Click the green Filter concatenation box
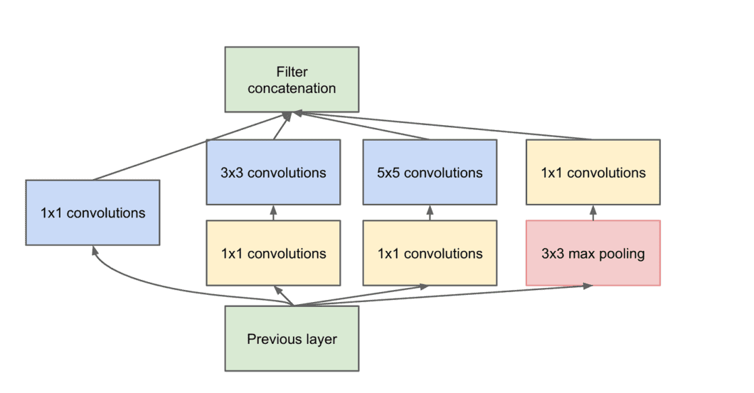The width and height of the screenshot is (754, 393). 292,79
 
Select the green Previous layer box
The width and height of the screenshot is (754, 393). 292,338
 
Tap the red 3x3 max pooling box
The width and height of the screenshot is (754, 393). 593,253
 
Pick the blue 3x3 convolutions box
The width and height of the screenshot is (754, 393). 273,172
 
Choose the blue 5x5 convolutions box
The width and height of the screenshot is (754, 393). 430,172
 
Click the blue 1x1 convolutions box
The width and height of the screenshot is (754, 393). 92,212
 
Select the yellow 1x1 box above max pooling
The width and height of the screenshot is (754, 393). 593,172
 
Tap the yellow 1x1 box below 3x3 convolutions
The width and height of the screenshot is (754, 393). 273,253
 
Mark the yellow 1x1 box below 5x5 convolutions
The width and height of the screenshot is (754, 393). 430,253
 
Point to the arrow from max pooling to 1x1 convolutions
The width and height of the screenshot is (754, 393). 593,212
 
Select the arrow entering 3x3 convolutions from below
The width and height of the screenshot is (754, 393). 273,212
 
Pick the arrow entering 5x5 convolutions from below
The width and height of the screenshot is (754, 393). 430,212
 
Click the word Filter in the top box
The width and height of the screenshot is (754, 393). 292,72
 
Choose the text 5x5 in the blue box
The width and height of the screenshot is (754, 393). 388,173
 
